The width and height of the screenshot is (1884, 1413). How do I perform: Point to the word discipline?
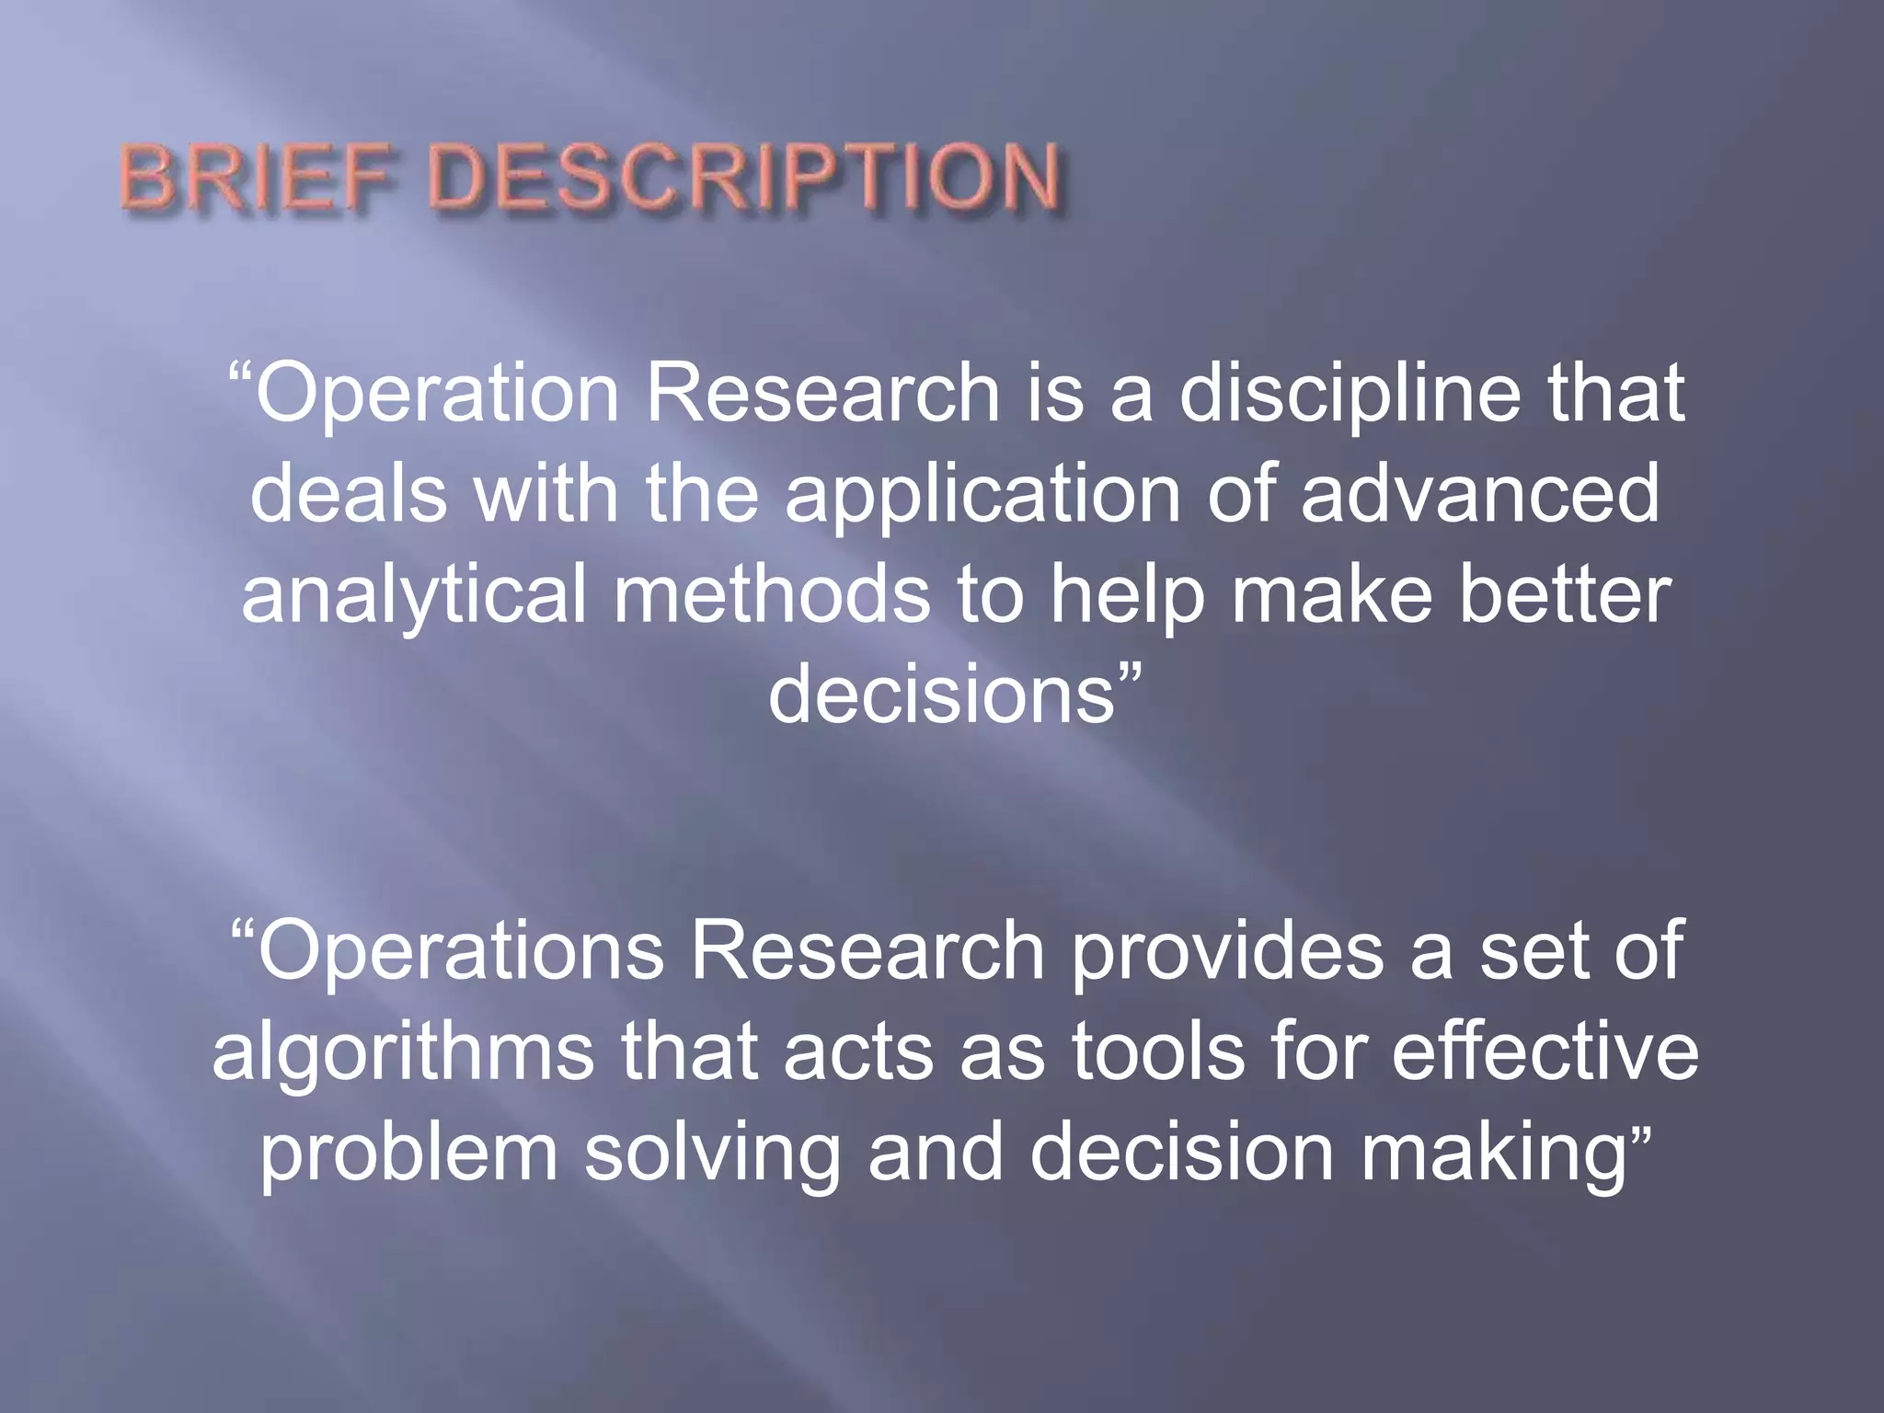point(1350,394)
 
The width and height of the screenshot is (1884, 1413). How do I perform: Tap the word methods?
point(772,594)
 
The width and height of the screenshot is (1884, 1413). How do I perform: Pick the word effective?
point(1545,1051)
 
